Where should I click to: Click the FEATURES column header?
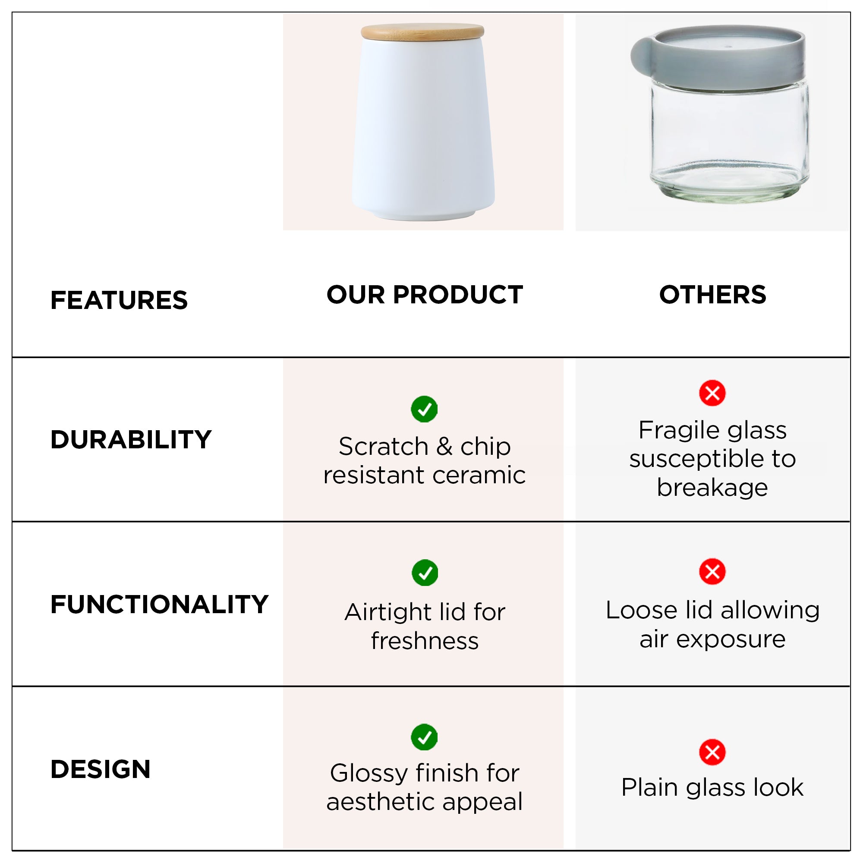click(119, 300)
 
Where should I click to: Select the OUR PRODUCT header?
click(425, 295)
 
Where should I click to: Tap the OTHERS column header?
click(713, 295)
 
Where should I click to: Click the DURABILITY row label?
click(131, 440)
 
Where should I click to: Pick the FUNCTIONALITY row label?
click(160, 605)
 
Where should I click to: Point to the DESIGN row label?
click(101, 769)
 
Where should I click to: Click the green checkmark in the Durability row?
click(424, 409)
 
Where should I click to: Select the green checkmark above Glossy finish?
click(424, 737)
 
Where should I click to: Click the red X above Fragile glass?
click(712, 393)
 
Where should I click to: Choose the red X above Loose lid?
click(712, 571)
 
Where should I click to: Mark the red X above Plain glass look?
click(712, 752)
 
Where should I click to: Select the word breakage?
click(712, 487)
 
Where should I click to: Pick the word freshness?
click(425, 641)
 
